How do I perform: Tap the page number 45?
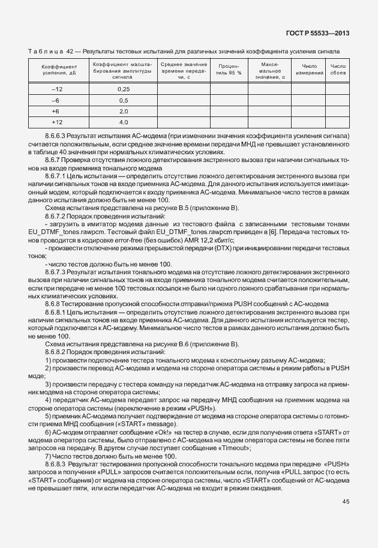[346, 501]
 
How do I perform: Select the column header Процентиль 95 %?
[228, 69]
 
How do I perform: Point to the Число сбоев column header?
[338, 69]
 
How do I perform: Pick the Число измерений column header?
[309, 69]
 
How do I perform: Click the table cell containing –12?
[57, 89]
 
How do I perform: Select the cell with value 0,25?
[124, 89]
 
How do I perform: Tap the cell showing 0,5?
[124, 100]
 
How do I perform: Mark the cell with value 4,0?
[124, 122]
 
